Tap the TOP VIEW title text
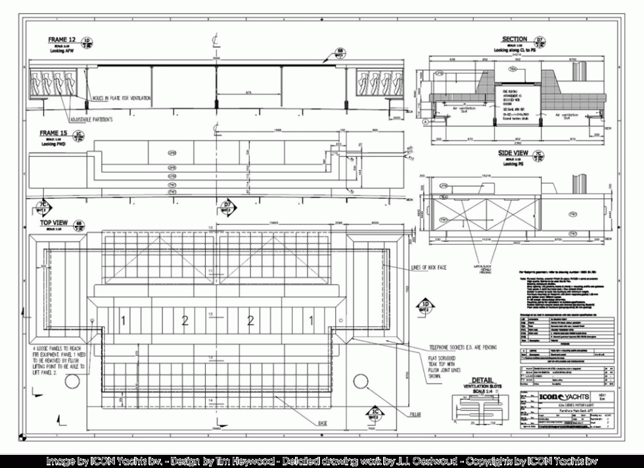[55, 223]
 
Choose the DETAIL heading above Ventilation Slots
[483, 379]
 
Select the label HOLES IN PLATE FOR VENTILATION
[122, 98]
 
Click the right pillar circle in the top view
[361, 382]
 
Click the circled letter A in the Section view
[426, 122]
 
